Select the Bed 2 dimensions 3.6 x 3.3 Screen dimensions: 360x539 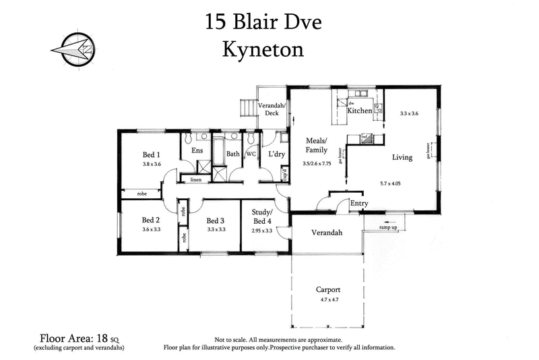[x=150, y=229]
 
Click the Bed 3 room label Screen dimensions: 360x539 [x=215, y=220]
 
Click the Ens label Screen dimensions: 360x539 [x=197, y=151]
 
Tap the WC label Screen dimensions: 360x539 [x=251, y=154]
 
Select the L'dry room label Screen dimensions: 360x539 [x=277, y=154]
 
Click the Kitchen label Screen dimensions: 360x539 [x=359, y=111]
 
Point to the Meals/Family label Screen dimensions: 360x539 [x=316, y=145]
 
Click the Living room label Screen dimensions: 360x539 [x=402, y=157]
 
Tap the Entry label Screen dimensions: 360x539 [x=359, y=203]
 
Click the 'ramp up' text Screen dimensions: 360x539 [x=388, y=228]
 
